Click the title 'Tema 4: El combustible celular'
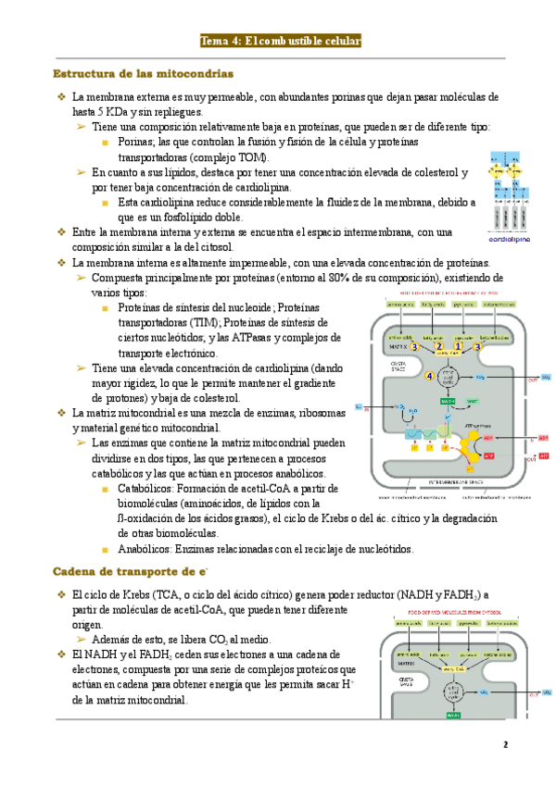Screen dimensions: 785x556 click(x=280, y=41)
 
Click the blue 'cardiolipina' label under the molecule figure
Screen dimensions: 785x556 click(x=509, y=238)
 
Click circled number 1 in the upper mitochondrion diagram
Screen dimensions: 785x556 click(x=457, y=346)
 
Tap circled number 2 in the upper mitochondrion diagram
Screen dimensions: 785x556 click(x=439, y=346)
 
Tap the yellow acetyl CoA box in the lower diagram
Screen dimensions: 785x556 click(x=454, y=667)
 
